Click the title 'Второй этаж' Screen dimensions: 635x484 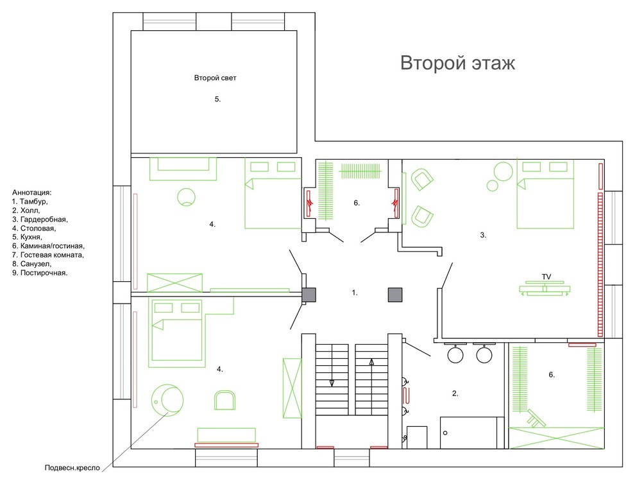coord(457,64)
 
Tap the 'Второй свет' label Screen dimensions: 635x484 coord(215,78)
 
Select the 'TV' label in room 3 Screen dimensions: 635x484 coord(546,277)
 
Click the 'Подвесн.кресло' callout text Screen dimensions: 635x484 coord(72,468)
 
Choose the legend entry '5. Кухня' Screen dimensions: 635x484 coord(27,237)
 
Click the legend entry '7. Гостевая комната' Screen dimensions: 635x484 coord(48,255)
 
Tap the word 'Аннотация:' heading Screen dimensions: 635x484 coord(32,193)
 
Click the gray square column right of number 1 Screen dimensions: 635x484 coord(395,295)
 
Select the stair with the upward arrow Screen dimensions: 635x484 coord(371,379)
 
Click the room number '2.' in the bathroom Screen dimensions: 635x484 coord(455,393)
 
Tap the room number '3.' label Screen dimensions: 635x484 coord(483,235)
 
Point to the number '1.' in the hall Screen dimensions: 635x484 coord(355,292)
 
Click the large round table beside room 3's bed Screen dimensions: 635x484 coord(504,171)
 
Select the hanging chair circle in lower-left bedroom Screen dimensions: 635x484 coord(166,400)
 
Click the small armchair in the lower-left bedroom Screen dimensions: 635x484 coord(225,400)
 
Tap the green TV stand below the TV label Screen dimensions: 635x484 coord(545,288)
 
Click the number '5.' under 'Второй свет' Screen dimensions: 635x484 coord(217,99)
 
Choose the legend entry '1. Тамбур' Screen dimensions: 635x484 coord(30,202)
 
